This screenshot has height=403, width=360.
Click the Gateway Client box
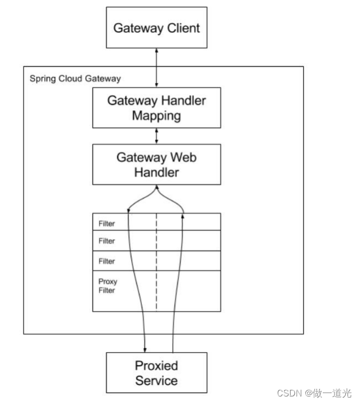click(x=156, y=27)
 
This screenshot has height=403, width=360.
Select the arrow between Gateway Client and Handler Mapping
click(x=157, y=67)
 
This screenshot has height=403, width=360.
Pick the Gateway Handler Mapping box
click(x=156, y=108)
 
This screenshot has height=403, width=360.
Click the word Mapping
click(x=157, y=116)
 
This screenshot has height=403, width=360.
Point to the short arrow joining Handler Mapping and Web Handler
click(x=157, y=137)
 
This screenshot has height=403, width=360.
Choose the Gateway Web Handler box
click(x=156, y=164)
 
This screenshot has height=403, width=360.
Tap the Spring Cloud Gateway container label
click(x=75, y=79)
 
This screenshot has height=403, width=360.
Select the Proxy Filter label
click(x=107, y=286)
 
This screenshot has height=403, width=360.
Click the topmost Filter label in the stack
click(x=107, y=224)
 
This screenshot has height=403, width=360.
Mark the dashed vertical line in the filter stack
click(x=157, y=262)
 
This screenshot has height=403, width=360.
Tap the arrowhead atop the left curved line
click(x=129, y=210)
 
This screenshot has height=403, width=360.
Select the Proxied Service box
click(x=156, y=372)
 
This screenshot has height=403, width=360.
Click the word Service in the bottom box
click(x=156, y=380)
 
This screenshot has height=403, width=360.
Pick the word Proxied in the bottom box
click(x=156, y=365)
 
